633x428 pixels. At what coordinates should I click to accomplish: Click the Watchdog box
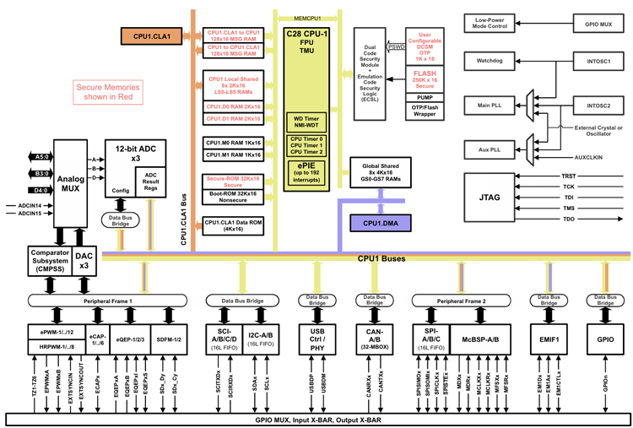coord(489,62)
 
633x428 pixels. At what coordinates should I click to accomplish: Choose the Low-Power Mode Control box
coord(489,23)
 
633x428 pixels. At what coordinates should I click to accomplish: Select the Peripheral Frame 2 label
coord(460,301)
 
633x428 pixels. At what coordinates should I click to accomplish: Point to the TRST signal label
coord(567,175)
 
